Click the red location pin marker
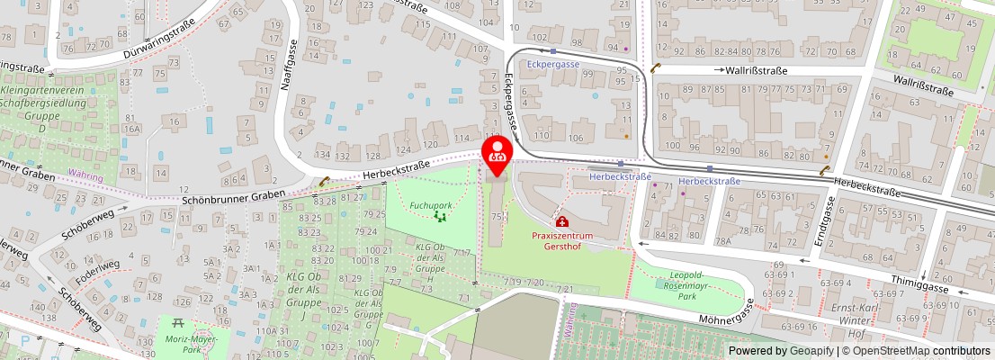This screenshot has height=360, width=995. point(497,152)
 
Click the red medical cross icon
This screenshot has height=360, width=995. point(561,221)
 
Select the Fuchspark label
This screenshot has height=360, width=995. point(430,205)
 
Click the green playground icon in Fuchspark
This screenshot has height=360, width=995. point(440,216)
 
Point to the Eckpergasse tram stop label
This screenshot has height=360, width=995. point(554,65)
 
